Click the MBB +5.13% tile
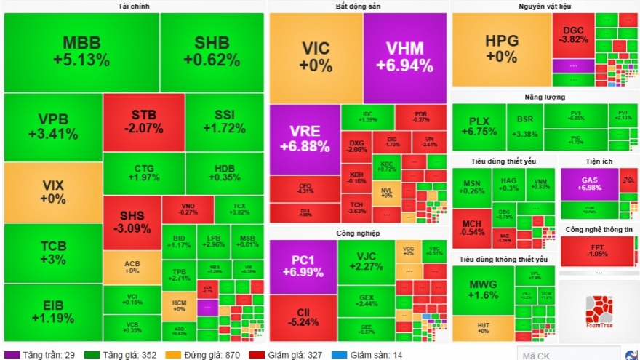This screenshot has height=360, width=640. pos(81,52)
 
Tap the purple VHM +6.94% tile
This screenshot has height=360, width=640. pos(404,57)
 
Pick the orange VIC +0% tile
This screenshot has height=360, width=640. pos(316,57)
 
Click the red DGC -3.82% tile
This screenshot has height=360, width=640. pos(573,35)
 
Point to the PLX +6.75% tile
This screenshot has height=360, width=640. pos(479,127)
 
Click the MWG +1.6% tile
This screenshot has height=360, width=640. pos(482,289)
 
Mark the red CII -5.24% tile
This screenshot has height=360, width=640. pos(304,317)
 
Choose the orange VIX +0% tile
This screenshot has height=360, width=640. pos(53,192)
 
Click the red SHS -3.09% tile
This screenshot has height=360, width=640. pos(132,223)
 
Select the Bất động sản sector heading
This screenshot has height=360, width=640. pos(357,7)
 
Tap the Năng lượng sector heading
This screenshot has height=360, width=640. pos(545,97)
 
